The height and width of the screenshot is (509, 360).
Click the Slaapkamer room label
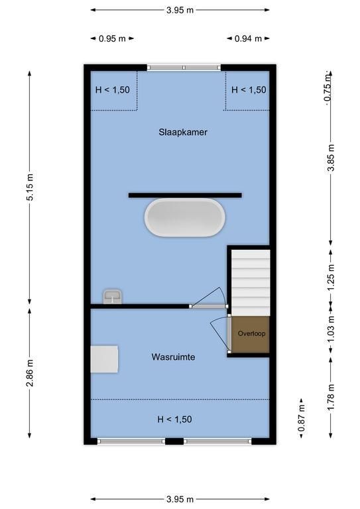183,133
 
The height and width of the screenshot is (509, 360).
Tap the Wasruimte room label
173,357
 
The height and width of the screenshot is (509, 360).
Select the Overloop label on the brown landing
251,333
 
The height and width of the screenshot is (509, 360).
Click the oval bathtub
185,217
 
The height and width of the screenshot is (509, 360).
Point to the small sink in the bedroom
112,297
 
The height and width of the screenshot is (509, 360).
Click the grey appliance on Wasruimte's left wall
104,359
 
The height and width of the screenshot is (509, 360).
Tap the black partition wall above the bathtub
185,195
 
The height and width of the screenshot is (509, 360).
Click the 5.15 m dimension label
30,187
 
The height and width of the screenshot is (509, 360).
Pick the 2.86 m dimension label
30,372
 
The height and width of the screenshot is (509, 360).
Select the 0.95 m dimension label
112,38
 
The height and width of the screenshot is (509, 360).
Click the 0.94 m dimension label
248,38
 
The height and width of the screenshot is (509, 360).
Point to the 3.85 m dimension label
331,158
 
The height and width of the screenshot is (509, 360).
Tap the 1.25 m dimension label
331,278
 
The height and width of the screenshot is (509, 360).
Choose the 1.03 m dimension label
331,329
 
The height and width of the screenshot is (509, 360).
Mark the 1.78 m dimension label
331,397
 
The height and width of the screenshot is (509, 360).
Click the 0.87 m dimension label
301,418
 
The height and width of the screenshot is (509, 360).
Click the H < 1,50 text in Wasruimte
174,420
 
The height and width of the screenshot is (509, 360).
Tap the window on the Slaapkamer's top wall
184,68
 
